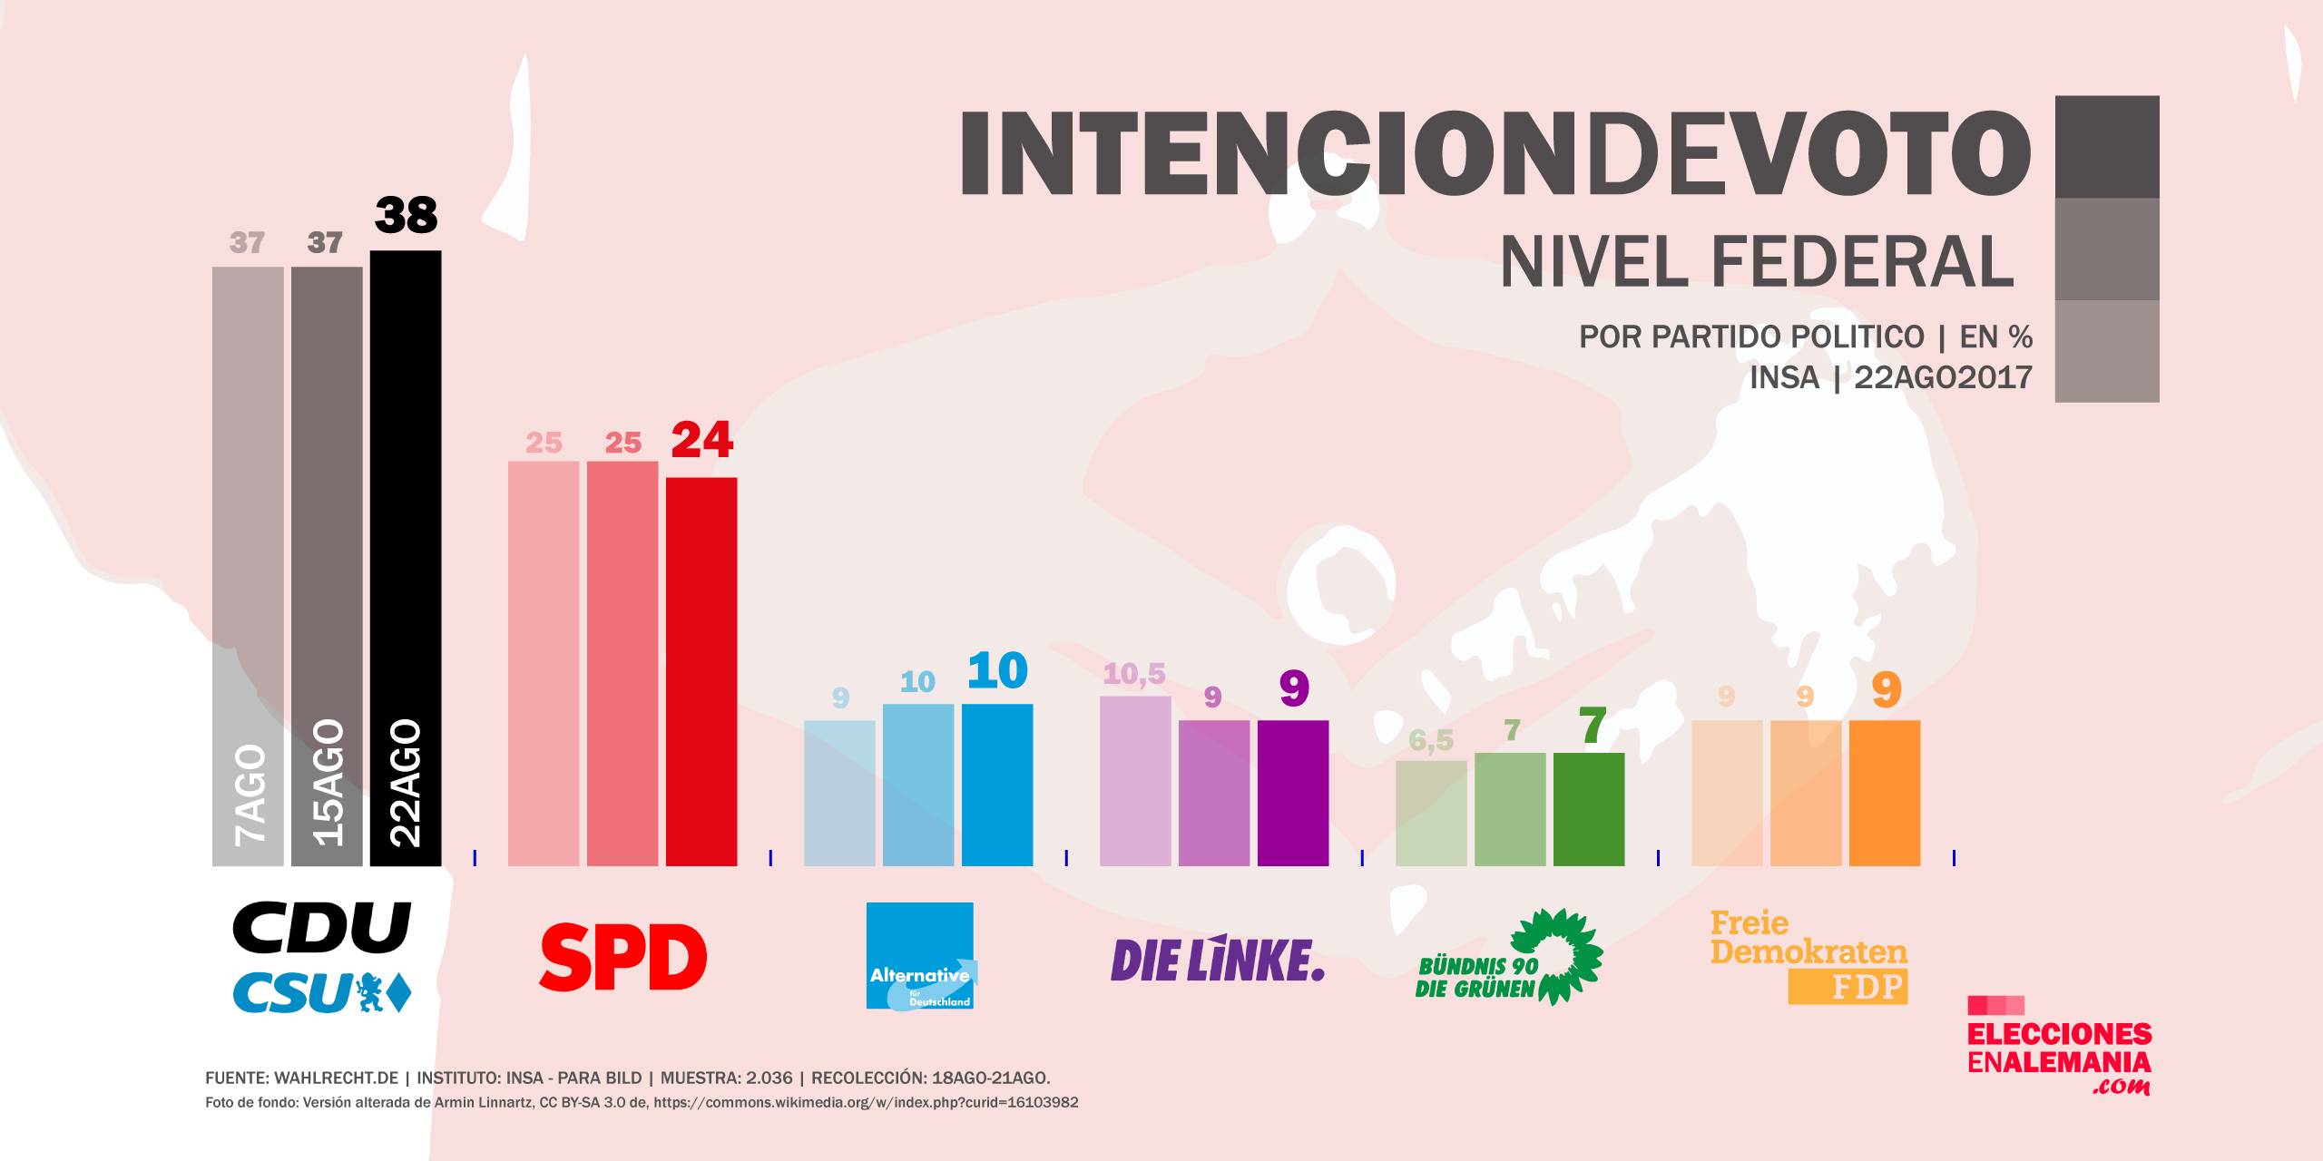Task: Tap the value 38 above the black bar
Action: [406, 216]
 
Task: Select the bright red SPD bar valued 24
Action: [701, 671]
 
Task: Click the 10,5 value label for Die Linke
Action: [1134, 674]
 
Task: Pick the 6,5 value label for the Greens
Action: [1431, 741]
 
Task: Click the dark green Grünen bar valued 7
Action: [1589, 809]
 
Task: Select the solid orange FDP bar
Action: [1885, 793]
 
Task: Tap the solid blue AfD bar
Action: [997, 785]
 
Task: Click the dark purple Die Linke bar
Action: [1293, 793]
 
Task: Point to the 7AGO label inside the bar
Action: [250, 795]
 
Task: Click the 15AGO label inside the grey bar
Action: [328, 783]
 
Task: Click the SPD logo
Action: [623, 958]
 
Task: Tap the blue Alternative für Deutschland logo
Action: [920, 955]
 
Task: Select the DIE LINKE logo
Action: [1217, 960]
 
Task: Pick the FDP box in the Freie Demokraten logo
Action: [1848, 987]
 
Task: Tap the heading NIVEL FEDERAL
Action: [1757, 262]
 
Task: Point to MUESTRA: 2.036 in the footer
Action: [726, 1078]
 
